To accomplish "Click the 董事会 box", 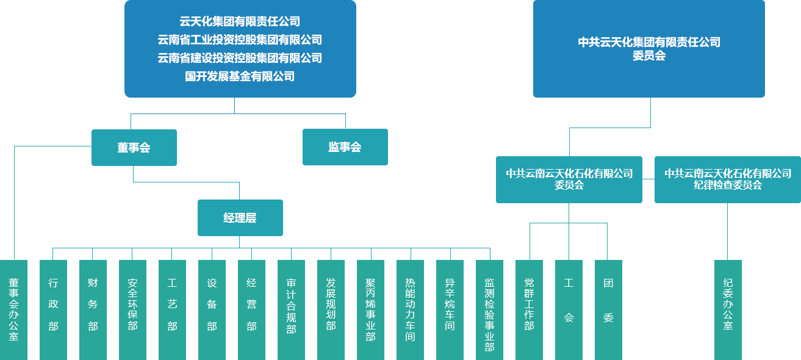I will (134, 148).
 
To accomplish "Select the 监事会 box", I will (345, 147).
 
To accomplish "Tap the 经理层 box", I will (240, 218).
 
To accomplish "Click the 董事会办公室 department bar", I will (13, 309).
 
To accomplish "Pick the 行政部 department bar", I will (53, 309).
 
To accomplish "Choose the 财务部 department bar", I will (93, 309).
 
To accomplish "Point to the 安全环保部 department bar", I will (132, 309).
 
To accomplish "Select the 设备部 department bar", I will (212, 309).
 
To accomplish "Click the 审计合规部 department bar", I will (291, 309).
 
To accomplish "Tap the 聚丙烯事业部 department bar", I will (370, 309).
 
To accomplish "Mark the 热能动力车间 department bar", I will (410, 309).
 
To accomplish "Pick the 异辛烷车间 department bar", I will (450, 309).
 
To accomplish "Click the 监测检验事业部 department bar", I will (489, 309).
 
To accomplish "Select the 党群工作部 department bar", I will (529, 309).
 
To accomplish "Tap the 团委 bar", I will (608, 309).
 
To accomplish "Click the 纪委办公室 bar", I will (728, 309).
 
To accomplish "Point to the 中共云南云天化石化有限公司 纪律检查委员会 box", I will (727, 179).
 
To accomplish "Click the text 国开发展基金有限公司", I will (240, 76).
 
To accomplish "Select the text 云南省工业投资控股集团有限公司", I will (240, 40).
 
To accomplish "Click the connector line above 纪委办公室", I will (727, 232).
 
